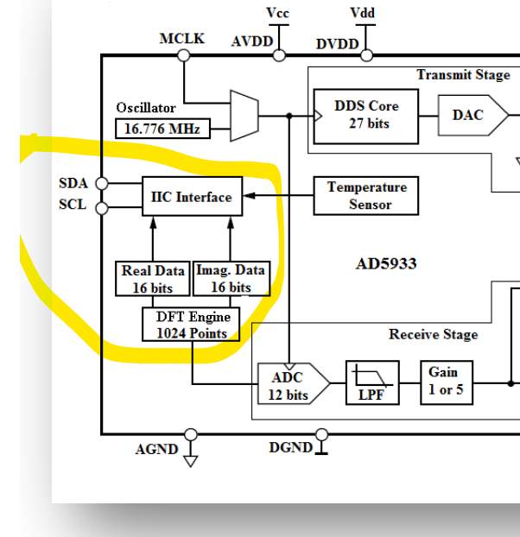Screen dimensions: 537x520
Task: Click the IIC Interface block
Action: (192, 197)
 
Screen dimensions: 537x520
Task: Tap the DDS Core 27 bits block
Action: (366, 115)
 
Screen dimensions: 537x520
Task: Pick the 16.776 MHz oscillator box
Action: (161, 129)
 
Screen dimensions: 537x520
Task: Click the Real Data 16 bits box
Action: (152, 279)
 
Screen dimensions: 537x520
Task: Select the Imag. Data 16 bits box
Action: (230, 279)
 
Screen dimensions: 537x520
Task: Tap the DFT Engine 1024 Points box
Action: (191, 325)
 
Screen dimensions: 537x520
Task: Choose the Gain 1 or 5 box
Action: (445, 381)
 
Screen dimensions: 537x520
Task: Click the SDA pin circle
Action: (102, 183)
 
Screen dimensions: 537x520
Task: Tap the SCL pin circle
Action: (102, 207)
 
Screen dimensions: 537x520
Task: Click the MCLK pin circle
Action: (183, 55)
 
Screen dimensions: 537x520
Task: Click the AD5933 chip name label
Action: (385, 263)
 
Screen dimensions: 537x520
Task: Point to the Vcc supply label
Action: (278, 13)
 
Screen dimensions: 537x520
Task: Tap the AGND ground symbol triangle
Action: (191, 460)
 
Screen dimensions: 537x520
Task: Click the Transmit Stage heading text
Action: (463, 75)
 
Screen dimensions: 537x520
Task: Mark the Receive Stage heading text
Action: (433, 334)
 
